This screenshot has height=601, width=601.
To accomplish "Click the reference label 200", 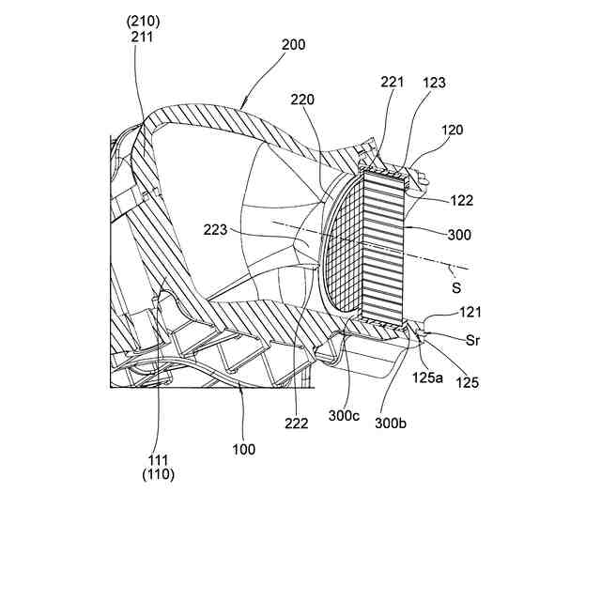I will [x=292, y=43].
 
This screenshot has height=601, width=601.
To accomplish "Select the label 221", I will [x=393, y=83].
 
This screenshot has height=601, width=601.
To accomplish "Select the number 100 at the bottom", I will [x=243, y=449].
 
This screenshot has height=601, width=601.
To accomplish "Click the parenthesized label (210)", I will [x=143, y=19].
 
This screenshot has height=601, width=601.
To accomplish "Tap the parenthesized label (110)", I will [x=159, y=474].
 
